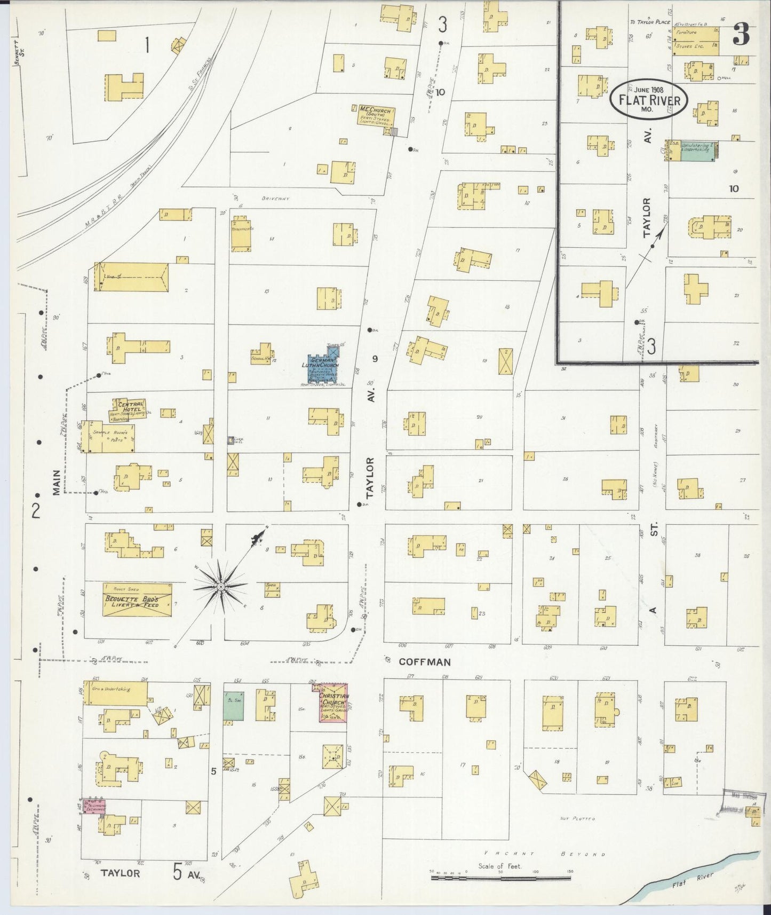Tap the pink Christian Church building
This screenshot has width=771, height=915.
coord(333,703)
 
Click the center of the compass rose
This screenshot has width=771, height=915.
coord(220,587)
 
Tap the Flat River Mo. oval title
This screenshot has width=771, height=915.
coord(649,98)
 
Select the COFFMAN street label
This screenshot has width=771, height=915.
coord(425,662)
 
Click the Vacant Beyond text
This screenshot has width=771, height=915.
coord(544,854)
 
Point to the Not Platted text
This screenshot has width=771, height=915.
coord(577,818)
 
